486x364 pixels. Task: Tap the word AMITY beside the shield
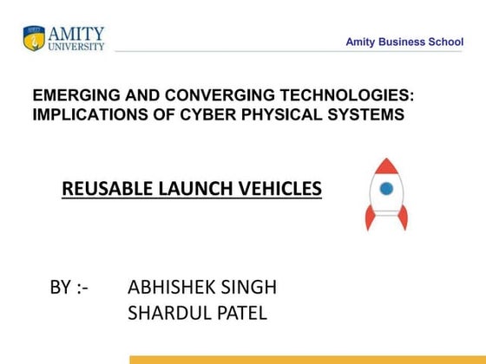pyautogui.click(x=76, y=33)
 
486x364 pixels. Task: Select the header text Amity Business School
pyautogui.click(x=404, y=42)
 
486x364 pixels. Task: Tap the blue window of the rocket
pyautogui.click(x=386, y=187)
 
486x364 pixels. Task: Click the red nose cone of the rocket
pyautogui.click(x=386, y=167)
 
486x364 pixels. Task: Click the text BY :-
pyautogui.click(x=69, y=288)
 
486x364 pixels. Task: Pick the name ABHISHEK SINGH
pyautogui.click(x=202, y=288)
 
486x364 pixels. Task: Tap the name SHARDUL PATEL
pyautogui.click(x=197, y=313)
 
